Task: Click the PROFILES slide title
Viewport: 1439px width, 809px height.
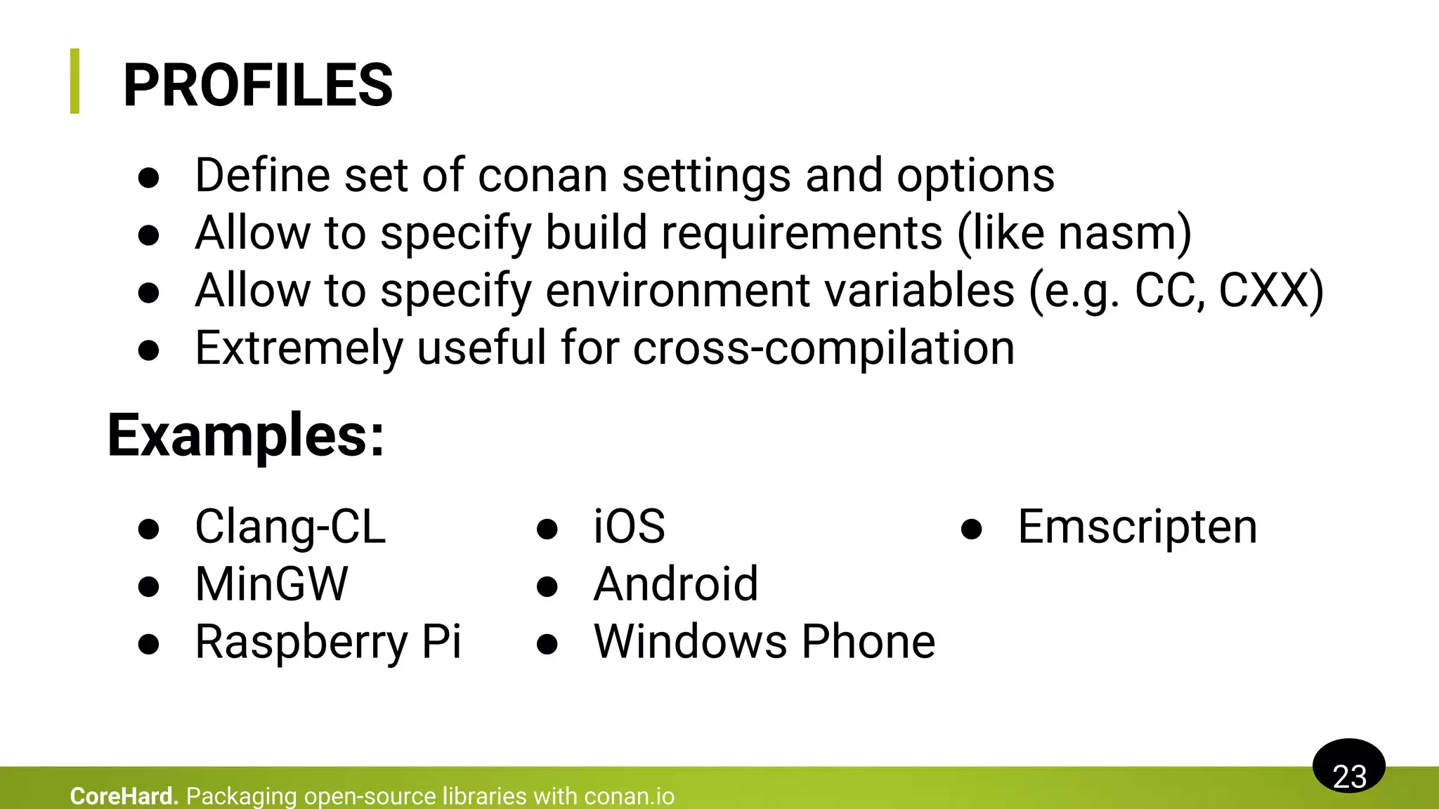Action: (x=258, y=85)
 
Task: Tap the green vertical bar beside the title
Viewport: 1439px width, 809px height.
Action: (x=75, y=81)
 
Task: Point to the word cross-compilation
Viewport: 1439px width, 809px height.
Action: (x=823, y=348)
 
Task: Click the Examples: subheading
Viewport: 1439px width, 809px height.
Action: (x=246, y=435)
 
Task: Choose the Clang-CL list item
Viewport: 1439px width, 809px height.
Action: (x=290, y=527)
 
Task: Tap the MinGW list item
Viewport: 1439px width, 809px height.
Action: (x=271, y=584)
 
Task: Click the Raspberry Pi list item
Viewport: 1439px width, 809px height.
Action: (x=328, y=642)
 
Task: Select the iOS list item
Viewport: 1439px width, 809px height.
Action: (x=629, y=527)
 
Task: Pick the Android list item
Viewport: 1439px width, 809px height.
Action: (x=676, y=584)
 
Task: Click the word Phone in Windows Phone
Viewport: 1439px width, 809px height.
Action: (x=868, y=642)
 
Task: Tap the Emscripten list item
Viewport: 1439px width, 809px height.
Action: (x=1137, y=527)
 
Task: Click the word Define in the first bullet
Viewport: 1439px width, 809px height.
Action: (x=262, y=176)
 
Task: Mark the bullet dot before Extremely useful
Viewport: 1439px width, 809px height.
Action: (x=149, y=350)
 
